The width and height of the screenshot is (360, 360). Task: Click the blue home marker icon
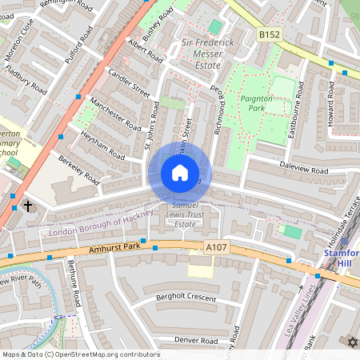click(x=180, y=173)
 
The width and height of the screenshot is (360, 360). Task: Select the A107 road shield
click(x=216, y=249)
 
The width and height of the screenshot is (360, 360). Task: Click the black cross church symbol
click(x=29, y=206)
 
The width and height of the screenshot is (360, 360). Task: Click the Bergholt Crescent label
click(x=186, y=298)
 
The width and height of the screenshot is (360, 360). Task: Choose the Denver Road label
click(x=196, y=341)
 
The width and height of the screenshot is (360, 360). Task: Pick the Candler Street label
click(x=129, y=85)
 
